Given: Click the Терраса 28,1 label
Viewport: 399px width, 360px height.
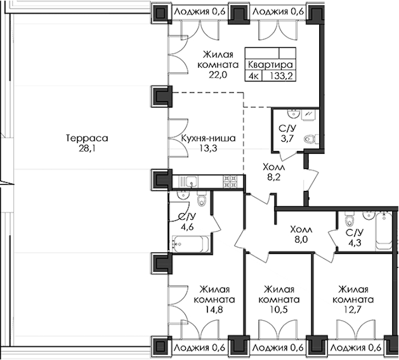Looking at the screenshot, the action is point(87,144).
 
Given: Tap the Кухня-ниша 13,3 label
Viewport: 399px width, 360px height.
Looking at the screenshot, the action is point(209,144).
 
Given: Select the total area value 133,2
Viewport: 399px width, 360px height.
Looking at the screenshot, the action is point(279,76).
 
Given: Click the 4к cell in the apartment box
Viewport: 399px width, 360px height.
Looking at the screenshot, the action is point(254,76).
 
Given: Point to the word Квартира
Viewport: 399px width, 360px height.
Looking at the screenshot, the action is point(270,64).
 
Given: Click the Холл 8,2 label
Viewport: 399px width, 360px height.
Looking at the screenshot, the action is point(274,172).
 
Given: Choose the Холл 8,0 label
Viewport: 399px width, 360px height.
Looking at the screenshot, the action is point(301,235).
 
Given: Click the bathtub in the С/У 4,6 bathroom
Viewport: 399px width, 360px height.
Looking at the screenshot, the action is point(190,244).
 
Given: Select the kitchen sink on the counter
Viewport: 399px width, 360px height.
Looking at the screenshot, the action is point(191,182).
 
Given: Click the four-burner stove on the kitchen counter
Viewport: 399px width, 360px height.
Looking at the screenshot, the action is point(230,182).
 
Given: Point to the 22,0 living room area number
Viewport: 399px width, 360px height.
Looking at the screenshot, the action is point(218,75).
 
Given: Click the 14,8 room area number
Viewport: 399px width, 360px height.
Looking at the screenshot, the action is point(214,310).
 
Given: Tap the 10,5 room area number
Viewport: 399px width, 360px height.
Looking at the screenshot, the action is point(279,310).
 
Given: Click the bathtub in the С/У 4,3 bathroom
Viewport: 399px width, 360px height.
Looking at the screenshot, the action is point(384,231).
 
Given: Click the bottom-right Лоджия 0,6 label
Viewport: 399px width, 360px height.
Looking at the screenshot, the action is point(357,348).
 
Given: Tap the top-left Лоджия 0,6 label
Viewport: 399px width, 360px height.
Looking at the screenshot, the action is point(200,12).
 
